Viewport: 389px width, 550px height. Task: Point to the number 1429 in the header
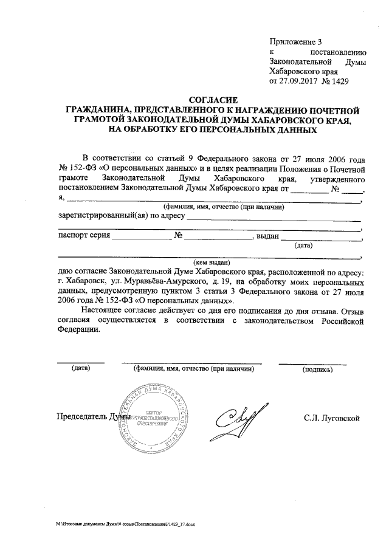pyautogui.click(x=340, y=81)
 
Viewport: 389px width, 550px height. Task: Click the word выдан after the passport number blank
pyautogui.click(x=267, y=236)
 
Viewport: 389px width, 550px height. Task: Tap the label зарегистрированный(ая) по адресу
pyautogui.click(x=122, y=215)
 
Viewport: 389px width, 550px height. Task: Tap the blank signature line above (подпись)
pyautogui.click(x=312, y=363)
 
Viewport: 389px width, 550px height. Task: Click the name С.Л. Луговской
pyautogui.click(x=332, y=418)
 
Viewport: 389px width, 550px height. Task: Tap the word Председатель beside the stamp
pyautogui.click(x=81, y=418)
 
